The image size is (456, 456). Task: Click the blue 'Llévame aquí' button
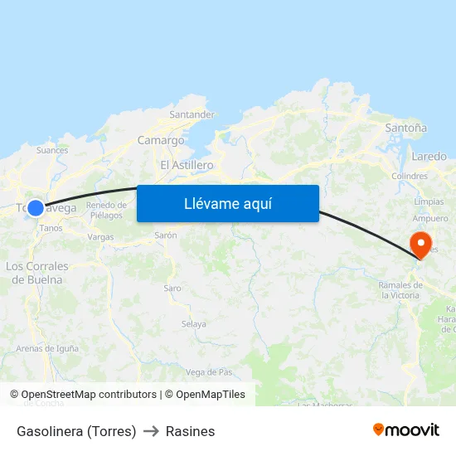pos(228,203)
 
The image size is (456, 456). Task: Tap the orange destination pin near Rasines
pos(420,245)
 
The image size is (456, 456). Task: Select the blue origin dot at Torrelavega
pos(36,208)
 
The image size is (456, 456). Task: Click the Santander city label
pos(192,114)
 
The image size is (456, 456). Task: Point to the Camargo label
pos(161,140)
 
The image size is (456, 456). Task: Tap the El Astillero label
pos(187,165)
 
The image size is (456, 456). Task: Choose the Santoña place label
pos(406,128)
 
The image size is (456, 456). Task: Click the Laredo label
pos(429,156)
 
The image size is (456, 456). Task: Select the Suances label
pos(52,150)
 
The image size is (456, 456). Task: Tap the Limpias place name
pos(429,201)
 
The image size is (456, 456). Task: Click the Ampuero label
pos(429,218)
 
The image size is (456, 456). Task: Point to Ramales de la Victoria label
pos(400,290)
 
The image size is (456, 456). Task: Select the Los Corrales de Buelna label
pos(37,273)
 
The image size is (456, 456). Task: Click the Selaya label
pos(193,323)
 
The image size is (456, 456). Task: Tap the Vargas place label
pos(100,236)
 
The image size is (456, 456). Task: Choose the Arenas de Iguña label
pos(47,348)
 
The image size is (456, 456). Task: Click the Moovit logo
pos(406,430)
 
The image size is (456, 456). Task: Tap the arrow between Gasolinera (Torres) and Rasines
pos(151,431)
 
